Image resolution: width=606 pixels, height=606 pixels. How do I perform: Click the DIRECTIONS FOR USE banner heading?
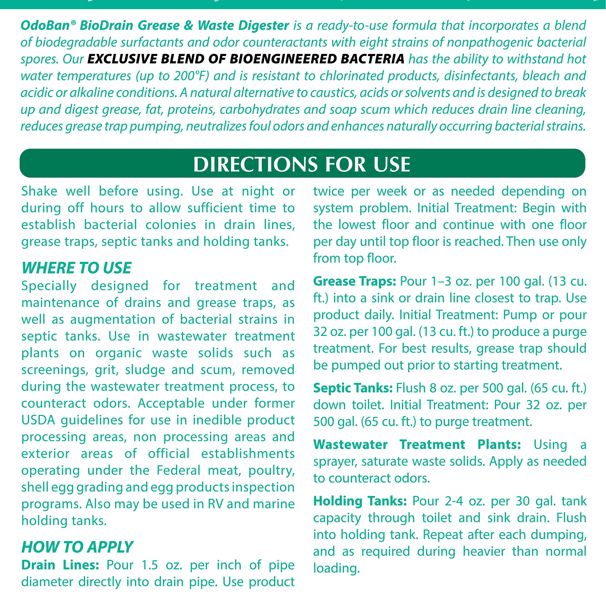coord(302,164)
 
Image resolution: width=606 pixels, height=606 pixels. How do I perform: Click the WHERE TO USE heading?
coord(77,268)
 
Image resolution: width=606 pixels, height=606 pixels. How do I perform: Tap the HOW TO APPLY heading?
coord(77,547)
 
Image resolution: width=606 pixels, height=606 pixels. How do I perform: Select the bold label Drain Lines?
coord(60,565)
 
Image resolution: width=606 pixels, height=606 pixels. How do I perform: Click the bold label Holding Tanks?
coord(360,501)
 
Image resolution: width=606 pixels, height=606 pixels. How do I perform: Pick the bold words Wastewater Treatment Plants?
coord(417,445)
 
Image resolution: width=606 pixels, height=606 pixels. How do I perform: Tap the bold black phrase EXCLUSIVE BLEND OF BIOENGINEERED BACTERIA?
coord(246,59)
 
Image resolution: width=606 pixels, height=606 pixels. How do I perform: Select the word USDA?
coord(38,420)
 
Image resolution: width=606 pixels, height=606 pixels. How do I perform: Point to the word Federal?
coord(178,470)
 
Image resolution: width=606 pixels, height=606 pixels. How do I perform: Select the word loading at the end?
coord(336,568)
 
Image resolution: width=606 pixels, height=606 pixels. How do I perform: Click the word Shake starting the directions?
coord(39,191)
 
